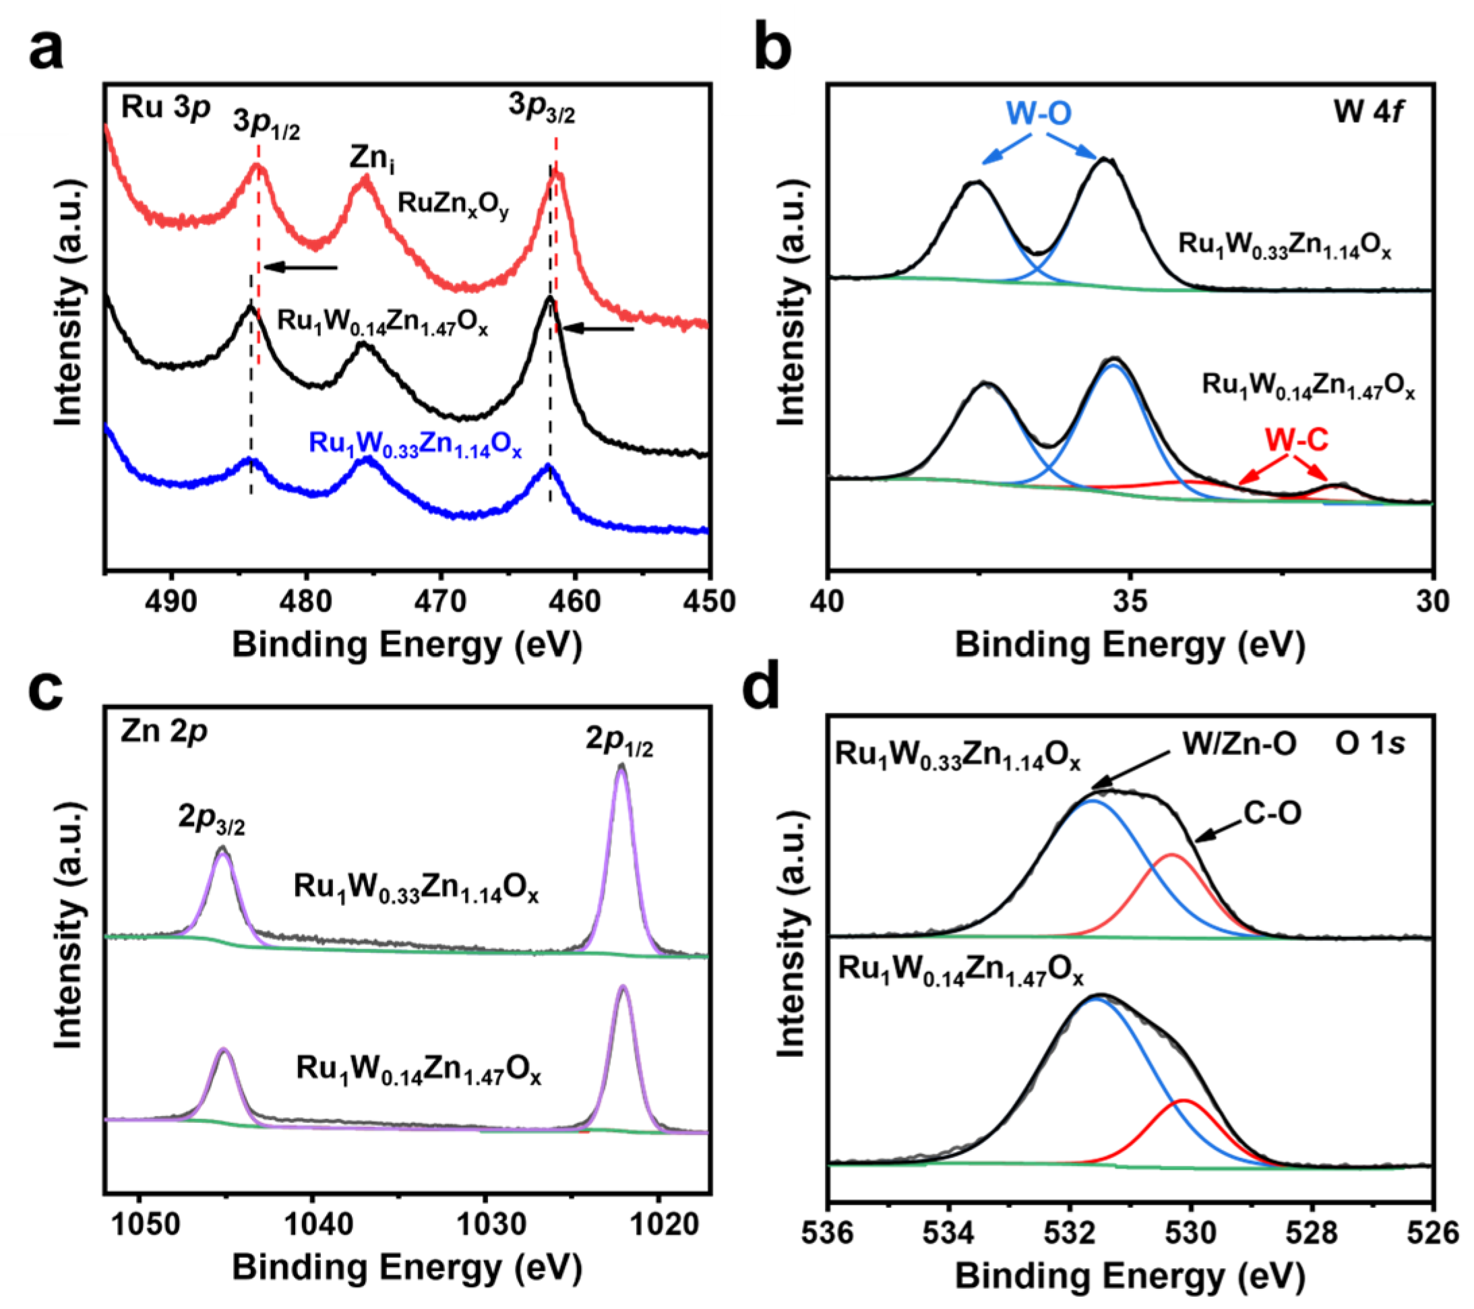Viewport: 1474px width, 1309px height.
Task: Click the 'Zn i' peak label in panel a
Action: [371, 158]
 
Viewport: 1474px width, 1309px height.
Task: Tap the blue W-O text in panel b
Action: [1039, 113]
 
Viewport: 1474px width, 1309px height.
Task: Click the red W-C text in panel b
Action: [1296, 439]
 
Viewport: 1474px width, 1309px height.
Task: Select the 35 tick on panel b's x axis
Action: [1130, 601]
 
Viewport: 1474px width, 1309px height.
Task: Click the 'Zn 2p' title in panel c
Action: [164, 732]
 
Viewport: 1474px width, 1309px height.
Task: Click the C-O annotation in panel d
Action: [1272, 814]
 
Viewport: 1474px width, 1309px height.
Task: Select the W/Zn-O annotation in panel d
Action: [1239, 743]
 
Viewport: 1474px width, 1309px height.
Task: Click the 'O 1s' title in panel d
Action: [1370, 744]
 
